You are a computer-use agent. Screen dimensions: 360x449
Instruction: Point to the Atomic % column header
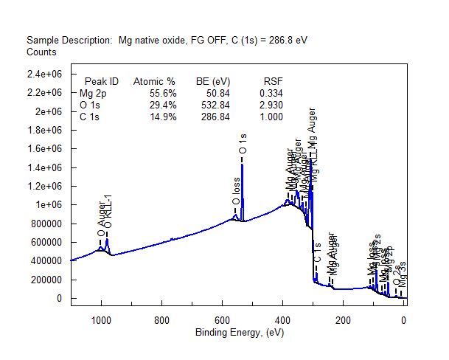(154, 81)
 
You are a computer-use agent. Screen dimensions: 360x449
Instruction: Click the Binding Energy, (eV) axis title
(240, 333)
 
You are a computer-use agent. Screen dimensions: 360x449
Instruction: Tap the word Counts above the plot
(41, 52)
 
